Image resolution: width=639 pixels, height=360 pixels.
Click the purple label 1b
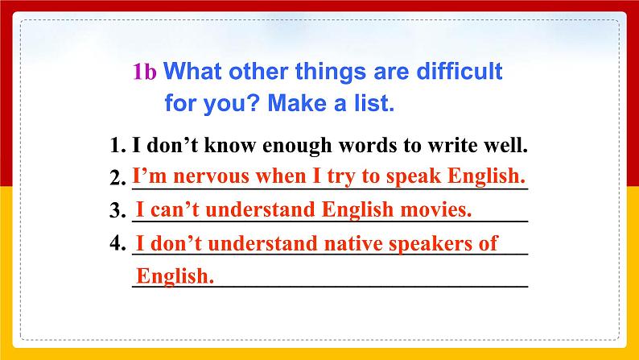(145, 72)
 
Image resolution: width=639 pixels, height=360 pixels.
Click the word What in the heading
(194, 71)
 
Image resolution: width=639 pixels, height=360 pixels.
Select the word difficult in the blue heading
(460, 71)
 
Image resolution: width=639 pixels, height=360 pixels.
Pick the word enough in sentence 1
(297, 146)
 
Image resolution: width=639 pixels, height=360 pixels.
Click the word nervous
(211, 177)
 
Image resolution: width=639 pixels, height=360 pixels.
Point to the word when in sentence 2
(281, 176)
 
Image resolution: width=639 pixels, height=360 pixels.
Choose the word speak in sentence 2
(413, 177)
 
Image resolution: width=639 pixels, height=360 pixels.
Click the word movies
(436, 209)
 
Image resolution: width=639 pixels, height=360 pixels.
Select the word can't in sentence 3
(175, 209)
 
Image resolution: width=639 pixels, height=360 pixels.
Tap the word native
(353, 244)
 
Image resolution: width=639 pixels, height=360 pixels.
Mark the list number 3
(117, 210)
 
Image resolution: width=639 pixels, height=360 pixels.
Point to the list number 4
(117, 243)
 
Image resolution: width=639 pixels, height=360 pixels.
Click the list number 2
(117, 178)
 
